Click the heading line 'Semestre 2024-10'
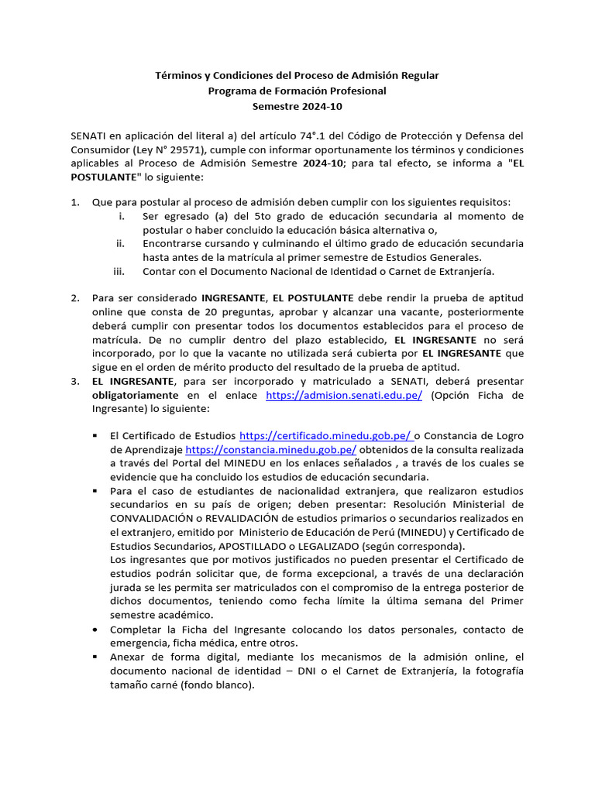point(297,106)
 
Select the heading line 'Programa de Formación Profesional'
point(297,91)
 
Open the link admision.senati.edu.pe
point(344,395)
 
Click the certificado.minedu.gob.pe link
point(325,436)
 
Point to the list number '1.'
point(75,201)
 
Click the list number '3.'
point(75,381)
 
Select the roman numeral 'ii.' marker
point(120,243)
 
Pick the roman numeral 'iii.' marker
point(119,271)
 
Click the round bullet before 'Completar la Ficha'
point(95,629)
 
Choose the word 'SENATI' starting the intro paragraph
point(88,136)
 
